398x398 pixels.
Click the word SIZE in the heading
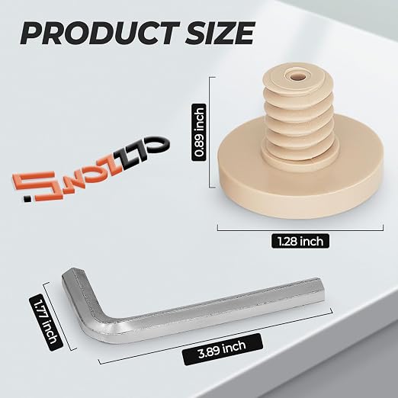[x=220, y=34]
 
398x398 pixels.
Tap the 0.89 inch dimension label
[x=199, y=132]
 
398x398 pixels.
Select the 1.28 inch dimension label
[x=300, y=241]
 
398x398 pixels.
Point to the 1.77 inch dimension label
[x=46, y=323]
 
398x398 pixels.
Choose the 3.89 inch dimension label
[x=223, y=349]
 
